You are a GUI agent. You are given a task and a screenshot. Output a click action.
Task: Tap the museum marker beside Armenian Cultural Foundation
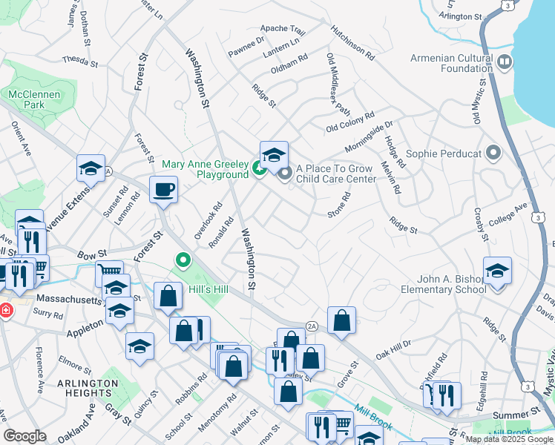(505, 62)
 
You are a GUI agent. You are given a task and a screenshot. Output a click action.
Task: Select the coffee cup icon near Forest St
(163, 190)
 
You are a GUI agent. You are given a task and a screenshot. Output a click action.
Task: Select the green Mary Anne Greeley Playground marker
(259, 169)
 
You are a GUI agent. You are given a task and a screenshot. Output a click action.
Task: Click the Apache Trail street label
(283, 30)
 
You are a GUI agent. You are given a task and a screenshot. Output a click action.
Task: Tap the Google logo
(24, 436)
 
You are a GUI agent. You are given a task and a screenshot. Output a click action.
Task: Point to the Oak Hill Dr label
(393, 349)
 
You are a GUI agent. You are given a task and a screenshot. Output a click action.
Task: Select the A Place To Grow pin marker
(286, 174)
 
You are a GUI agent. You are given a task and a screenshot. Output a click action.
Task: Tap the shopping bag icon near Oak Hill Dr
(341, 320)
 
